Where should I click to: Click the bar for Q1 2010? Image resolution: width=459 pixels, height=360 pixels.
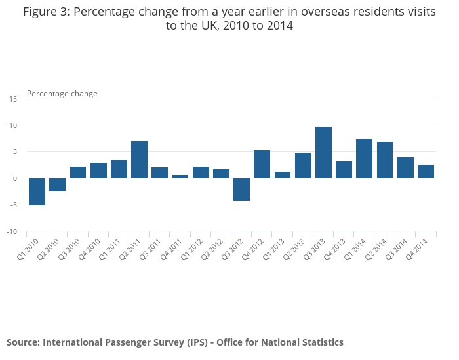tap(37, 191)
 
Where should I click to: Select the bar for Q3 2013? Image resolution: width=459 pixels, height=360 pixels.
tap(323, 152)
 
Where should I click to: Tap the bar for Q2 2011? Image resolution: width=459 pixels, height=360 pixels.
tap(139, 159)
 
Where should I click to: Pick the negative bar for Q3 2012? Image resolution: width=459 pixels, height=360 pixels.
tap(241, 189)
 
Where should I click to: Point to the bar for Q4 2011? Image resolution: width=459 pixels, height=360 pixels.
tap(180, 176)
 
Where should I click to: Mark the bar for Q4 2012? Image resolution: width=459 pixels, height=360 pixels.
tap(262, 164)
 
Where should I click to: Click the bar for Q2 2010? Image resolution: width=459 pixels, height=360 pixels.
tap(57, 184)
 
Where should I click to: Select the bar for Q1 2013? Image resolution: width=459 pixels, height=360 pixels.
tap(283, 175)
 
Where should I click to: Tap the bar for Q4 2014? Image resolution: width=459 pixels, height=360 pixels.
tap(426, 171)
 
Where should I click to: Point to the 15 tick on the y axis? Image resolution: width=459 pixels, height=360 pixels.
tap(13, 98)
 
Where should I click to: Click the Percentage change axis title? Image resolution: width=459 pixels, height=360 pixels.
tap(62, 94)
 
